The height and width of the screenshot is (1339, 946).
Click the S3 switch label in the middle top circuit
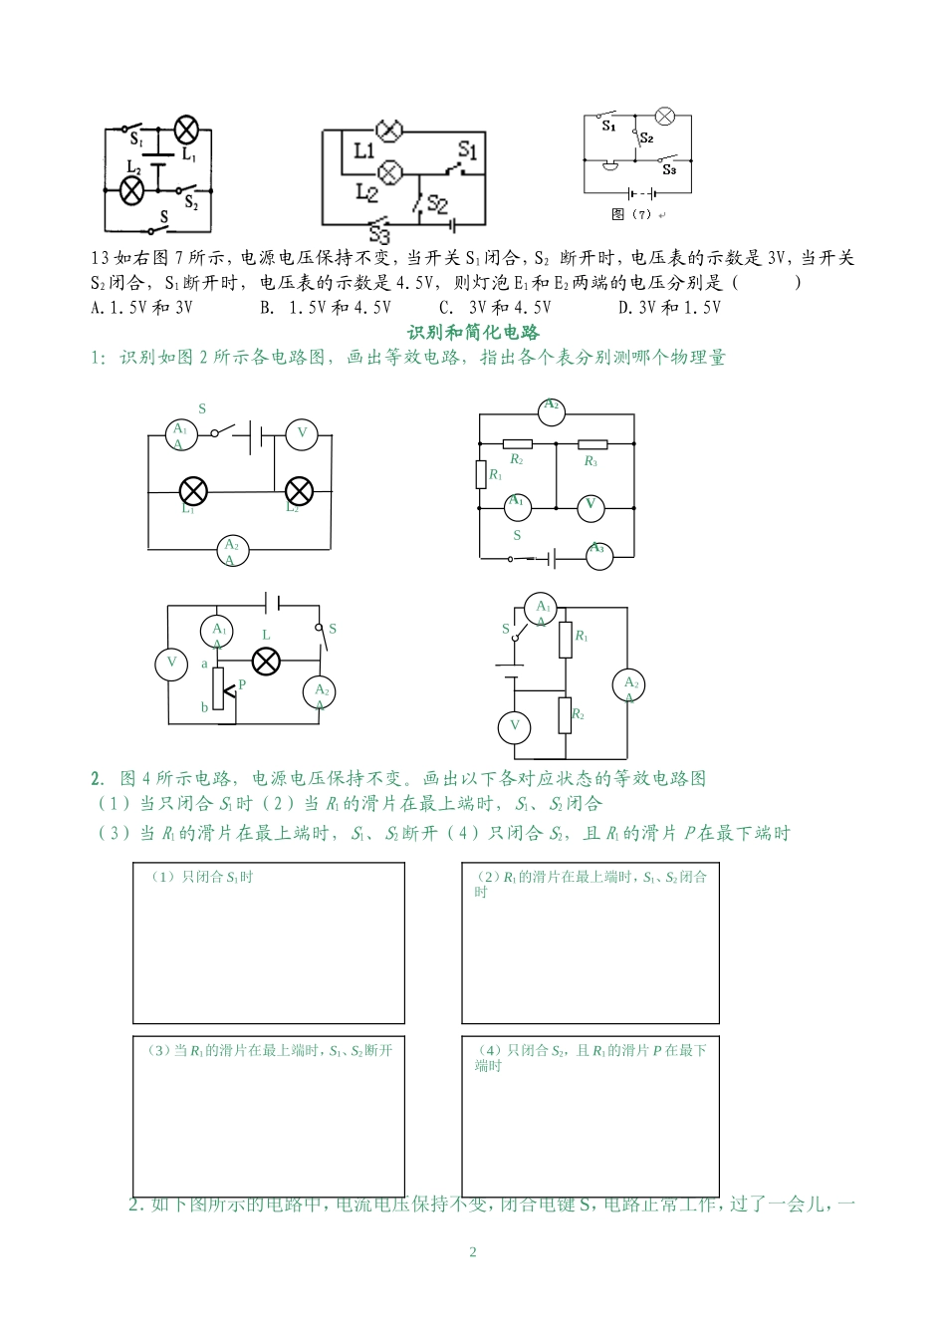tap(378, 235)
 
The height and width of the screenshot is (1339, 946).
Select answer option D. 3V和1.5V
tap(669, 308)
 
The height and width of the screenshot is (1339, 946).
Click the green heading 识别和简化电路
tap(473, 332)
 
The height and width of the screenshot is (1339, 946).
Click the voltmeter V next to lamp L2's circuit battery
tap(302, 433)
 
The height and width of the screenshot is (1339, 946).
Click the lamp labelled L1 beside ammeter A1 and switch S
tap(192, 490)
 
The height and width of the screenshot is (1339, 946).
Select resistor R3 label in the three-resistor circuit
tap(591, 461)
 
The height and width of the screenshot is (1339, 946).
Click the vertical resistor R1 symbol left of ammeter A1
tap(480, 474)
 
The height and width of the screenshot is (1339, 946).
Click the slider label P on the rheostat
tap(241, 685)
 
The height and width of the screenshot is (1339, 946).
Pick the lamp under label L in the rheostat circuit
tap(265, 660)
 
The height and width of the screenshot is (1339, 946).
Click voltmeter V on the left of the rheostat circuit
tap(170, 663)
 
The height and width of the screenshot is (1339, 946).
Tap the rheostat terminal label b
tap(205, 707)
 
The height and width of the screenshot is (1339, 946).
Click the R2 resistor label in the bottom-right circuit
tap(578, 715)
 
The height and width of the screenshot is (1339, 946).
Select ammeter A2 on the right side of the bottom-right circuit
tap(629, 684)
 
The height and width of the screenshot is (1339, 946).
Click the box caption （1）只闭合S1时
tap(202, 878)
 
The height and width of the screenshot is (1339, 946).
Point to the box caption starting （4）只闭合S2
tap(591, 1057)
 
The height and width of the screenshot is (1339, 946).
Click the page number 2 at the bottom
tap(473, 1252)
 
